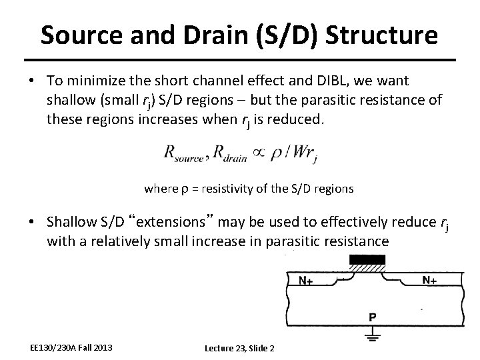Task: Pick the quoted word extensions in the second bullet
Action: point(182,221)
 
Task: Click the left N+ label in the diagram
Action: point(307,281)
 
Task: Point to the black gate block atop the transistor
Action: point(367,259)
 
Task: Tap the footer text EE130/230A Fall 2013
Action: point(71,347)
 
